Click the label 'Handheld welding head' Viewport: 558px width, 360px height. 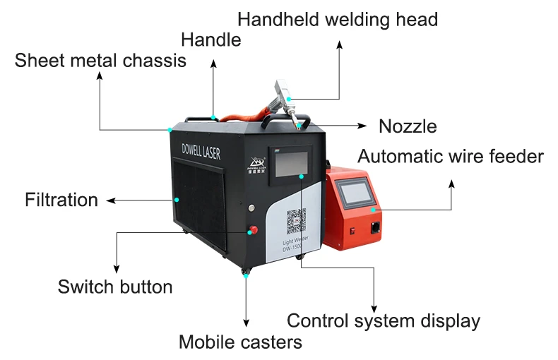tap(338, 19)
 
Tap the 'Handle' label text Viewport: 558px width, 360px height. tap(211, 40)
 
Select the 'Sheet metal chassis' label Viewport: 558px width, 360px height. tap(100, 61)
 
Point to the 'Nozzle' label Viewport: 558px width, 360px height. tap(408, 127)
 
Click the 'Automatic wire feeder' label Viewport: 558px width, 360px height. tap(451, 156)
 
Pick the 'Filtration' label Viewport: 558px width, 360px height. tap(61, 200)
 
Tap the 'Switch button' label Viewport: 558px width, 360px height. tap(115, 287)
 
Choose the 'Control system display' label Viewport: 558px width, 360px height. tap(384, 320)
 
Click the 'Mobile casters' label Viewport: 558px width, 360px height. tap(240, 342)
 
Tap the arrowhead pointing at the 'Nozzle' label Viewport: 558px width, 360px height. tap(362, 126)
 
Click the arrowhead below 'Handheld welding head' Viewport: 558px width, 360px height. tap(339, 44)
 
